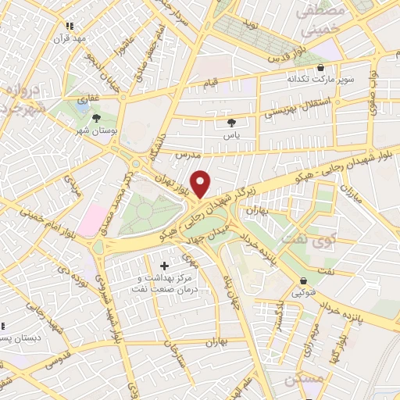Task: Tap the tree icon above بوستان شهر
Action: (x=96, y=119)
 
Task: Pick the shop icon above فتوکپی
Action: (x=302, y=281)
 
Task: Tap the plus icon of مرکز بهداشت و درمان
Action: (x=164, y=266)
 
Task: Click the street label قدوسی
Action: (x=60, y=361)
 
